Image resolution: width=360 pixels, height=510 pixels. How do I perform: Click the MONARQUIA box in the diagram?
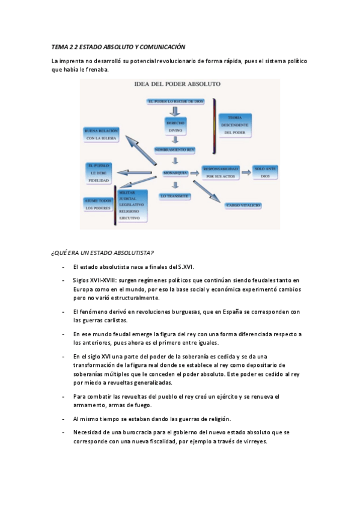(174, 173)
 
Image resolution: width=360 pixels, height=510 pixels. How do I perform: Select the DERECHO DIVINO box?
(175, 126)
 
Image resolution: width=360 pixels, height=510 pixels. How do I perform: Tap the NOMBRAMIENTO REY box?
(174, 149)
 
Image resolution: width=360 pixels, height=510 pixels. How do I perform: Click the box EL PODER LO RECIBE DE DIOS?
(175, 101)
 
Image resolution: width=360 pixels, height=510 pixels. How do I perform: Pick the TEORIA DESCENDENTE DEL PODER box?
(235, 124)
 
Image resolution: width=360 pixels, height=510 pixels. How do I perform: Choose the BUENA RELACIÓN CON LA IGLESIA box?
(102, 134)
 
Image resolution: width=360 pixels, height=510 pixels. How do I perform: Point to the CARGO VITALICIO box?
(243, 205)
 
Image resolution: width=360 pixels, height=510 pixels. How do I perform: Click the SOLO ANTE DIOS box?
(265, 173)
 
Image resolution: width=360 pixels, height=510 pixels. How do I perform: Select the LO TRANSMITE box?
(175, 196)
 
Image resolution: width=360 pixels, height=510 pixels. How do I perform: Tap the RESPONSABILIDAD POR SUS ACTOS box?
(222, 173)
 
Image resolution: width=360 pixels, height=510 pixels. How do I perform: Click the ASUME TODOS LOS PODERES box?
(98, 204)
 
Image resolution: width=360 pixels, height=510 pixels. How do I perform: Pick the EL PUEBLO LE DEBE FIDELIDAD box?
(99, 172)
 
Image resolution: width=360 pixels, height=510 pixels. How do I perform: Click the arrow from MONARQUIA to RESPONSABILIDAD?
(195, 173)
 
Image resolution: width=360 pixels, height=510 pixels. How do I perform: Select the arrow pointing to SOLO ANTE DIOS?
(246, 173)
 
